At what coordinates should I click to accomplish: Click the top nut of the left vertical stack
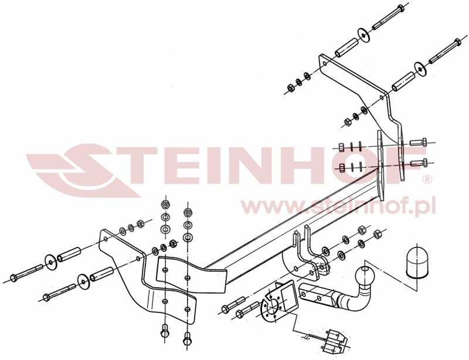[165, 205]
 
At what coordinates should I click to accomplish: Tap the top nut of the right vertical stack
[187, 212]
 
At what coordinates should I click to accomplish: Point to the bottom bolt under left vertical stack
[165, 334]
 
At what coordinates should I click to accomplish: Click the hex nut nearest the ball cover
[377, 233]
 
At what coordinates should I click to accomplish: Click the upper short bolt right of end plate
[417, 141]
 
